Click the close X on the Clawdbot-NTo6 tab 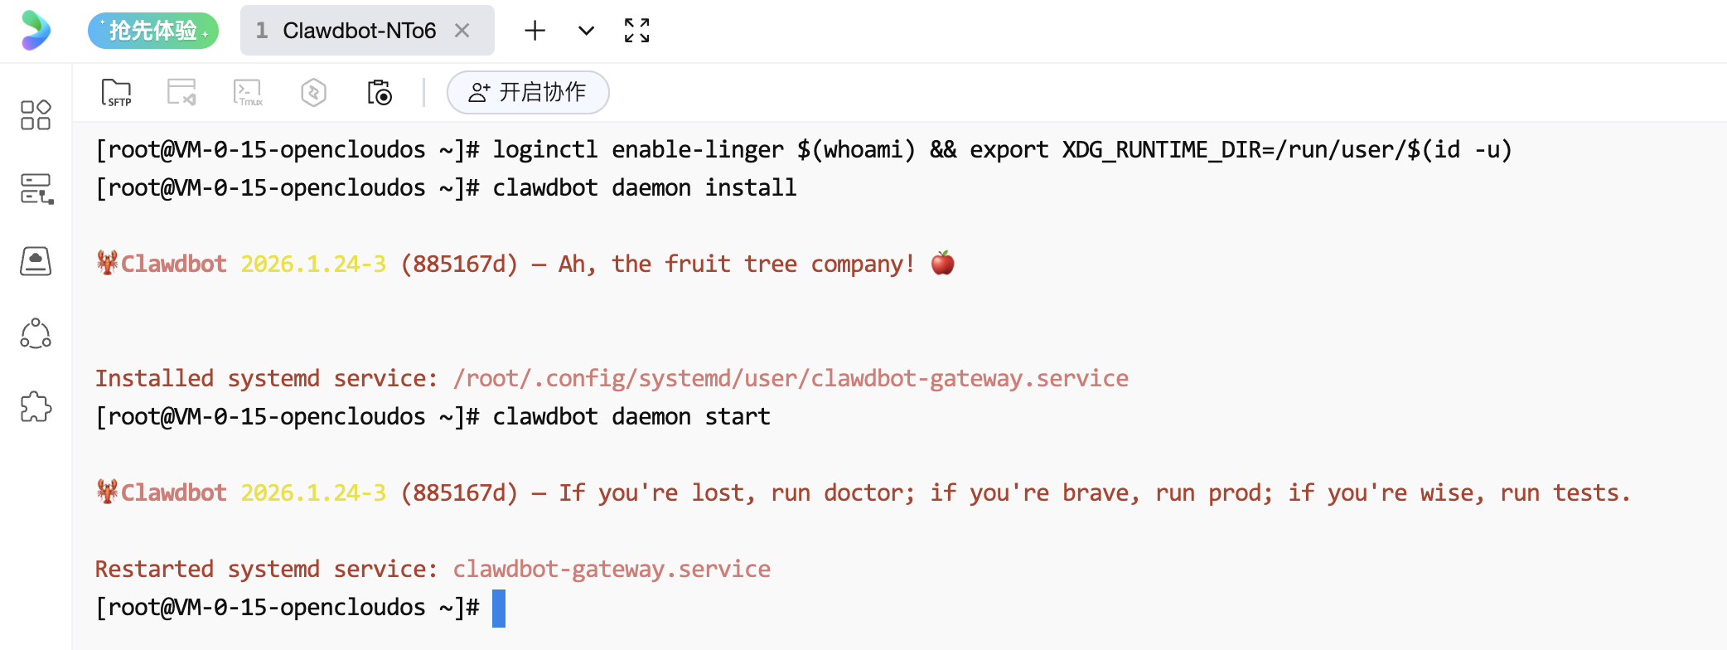click(x=462, y=31)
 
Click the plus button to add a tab click(x=535, y=31)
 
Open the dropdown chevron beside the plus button click(x=586, y=31)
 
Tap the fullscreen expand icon click(x=636, y=31)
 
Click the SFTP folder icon click(x=116, y=92)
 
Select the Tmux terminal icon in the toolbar click(x=248, y=92)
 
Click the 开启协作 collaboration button click(x=528, y=92)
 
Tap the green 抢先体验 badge click(x=153, y=31)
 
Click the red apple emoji click(x=942, y=263)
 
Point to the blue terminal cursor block click(x=499, y=608)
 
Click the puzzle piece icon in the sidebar click(x=36, y=407)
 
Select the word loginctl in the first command click(x=544, y=149)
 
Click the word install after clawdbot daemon click(x=750, y=187)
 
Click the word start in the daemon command click(x=737, y=416)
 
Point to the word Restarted click(x=154, y=569)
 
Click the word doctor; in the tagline click(x=868, y=492)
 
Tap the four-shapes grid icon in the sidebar click(x=36, y=115)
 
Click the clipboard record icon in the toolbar click(x=380, y=92)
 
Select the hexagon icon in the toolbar click(x=313, y=92)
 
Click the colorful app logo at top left click(x=36, y=31)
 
